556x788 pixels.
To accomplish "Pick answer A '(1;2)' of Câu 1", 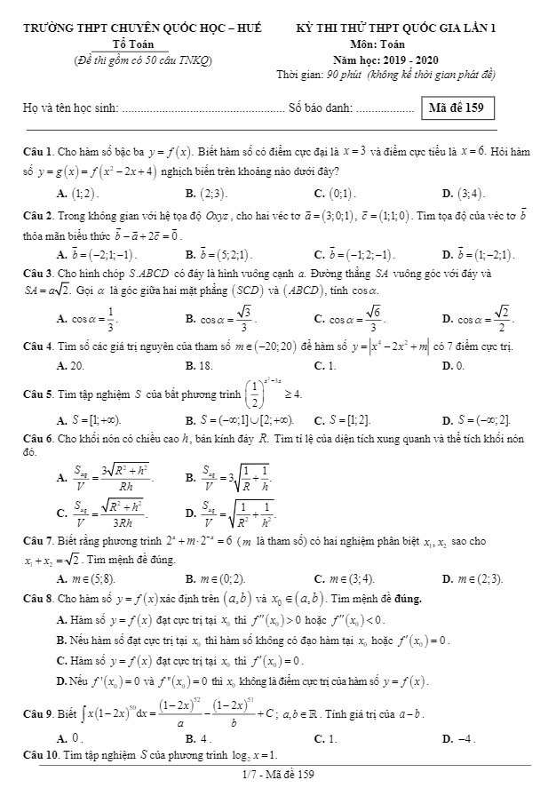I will coord(79,193).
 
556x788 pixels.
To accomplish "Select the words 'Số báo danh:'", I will coord(322,109).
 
